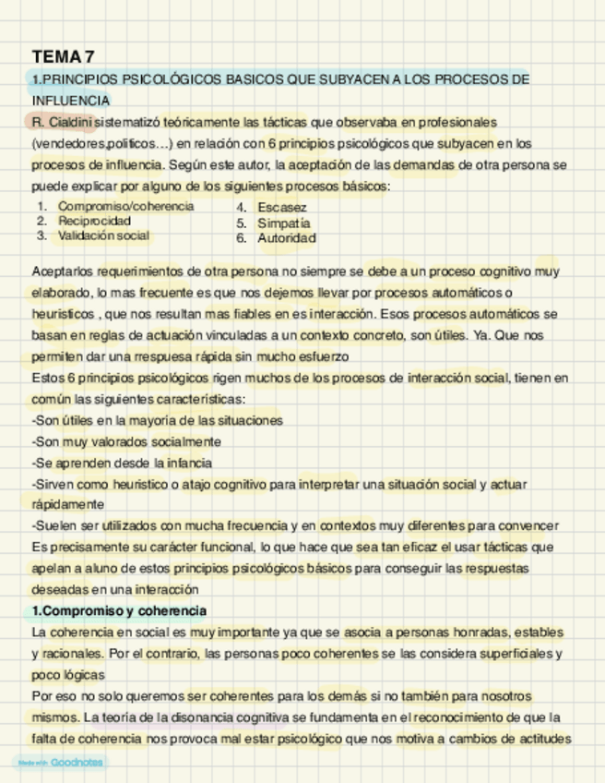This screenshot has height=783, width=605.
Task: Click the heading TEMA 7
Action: [x=63, y=57]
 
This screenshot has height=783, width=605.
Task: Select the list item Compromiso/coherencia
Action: [x=125, y=206]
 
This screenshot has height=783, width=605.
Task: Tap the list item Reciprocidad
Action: [x=94, y=221]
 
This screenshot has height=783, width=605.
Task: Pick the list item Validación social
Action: [x=103, y=235]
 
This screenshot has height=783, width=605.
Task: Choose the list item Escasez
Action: [x=281, y=208]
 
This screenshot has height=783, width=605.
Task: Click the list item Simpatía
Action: [x=284, y=223]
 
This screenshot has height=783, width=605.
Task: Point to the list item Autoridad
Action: [x=287, y=238]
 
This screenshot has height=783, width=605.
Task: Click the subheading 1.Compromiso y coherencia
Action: [x=119, y=611]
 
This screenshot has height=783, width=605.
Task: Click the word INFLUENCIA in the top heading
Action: [x=71, y=100]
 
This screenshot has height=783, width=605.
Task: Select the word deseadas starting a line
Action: [x=58, y=589]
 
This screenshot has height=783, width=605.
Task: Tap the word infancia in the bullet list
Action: [x=189, y=463]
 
